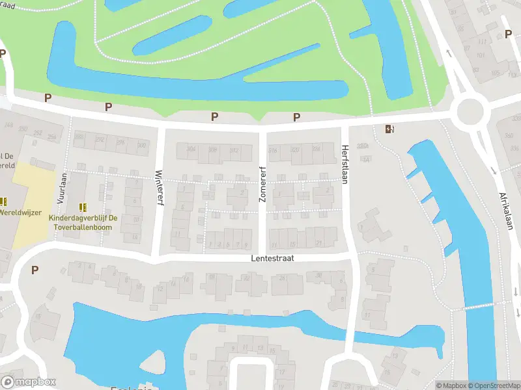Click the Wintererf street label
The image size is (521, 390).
coord(159,188)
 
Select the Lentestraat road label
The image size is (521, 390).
coord(272,258)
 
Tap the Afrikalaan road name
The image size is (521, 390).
coord(507,211)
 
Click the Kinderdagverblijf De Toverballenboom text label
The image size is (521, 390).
coord(83,222)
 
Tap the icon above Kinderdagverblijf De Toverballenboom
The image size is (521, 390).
coord(83,207)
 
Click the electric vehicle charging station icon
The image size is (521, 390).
coord(389,129)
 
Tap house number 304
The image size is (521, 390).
coord(191,149)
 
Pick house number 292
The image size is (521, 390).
coord(100,139)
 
